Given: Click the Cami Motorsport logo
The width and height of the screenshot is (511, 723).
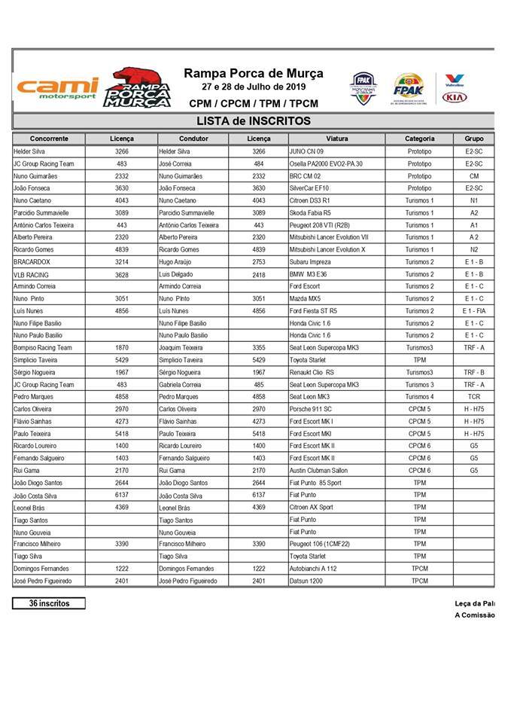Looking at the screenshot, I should point(57,88).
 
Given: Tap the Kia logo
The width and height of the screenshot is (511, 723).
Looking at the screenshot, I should point(455,97).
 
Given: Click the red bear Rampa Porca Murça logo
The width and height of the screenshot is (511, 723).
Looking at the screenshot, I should point(137,87).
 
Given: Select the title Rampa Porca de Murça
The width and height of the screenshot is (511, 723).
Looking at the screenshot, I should point(253,73).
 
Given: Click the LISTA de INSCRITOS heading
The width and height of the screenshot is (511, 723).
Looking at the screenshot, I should point(253,120).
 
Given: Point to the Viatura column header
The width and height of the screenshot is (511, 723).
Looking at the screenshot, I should point(336,139).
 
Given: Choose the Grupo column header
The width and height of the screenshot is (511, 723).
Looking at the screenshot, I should point(473,139).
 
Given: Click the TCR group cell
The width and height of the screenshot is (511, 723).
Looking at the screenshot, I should point(473,396).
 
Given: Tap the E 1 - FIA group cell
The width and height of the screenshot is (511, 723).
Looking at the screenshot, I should point(473,310).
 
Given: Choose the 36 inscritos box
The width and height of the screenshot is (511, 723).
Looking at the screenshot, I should point(49,603).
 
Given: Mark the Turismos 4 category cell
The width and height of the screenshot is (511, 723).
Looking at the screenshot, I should point(420,396).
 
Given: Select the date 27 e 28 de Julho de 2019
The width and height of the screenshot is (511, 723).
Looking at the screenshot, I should point(253,87).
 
